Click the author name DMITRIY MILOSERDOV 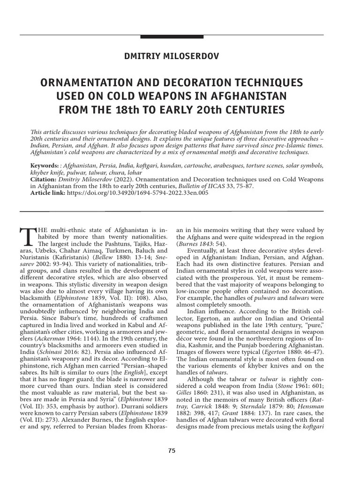172,56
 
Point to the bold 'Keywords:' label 45,166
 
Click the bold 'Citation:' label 43,179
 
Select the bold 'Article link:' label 47,192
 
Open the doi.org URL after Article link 138,192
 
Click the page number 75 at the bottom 172,450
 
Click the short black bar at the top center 172,37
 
